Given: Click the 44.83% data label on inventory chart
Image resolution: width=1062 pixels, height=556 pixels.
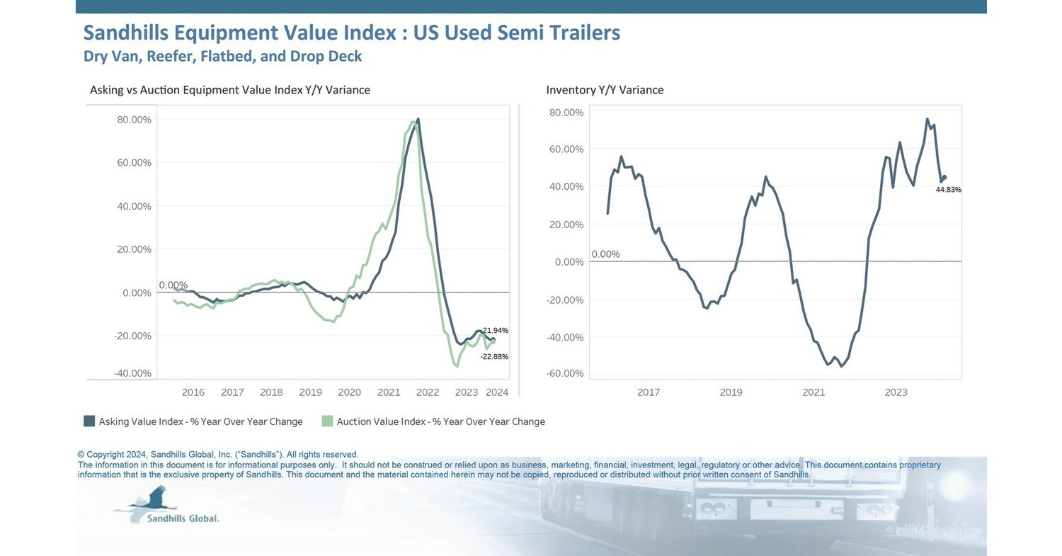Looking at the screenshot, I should (x=948, y=190).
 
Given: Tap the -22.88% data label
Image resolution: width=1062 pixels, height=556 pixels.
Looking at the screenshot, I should (x=493, y=356).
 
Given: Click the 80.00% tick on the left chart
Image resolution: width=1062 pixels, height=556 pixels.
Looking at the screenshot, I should (x=134, y=120).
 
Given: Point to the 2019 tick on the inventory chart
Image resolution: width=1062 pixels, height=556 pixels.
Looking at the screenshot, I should (x=731, y=392).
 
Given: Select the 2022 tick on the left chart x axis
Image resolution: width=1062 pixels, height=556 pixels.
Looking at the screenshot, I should (x=427, y=392).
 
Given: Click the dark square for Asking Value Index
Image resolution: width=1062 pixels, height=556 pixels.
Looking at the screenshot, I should (x=89, y=421).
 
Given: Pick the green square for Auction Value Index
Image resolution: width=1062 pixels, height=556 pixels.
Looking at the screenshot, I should (x=326, y=421).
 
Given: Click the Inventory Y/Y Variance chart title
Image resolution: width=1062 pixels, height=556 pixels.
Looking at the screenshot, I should (x=605, y=90).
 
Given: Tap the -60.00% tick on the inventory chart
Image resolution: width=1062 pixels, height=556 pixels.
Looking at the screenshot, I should (x=566, y=373).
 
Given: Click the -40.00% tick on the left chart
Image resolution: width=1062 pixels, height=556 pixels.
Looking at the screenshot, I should (x=134, y=373).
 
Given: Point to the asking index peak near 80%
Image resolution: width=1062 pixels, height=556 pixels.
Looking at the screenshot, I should (x=418, y=119).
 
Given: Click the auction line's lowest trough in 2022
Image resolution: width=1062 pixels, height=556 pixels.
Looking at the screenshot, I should (x=457, y=365).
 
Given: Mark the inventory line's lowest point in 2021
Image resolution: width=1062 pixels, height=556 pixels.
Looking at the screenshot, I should (x=841, y=365).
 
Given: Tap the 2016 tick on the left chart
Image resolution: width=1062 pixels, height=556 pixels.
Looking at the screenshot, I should (x=193, y=392).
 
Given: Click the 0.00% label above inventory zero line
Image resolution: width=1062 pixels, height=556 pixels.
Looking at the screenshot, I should (x=605, y=254).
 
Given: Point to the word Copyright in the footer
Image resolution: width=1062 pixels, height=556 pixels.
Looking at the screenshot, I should (x=104, y=455).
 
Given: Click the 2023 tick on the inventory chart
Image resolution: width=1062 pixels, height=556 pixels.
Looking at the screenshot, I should (x=896, y=392).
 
